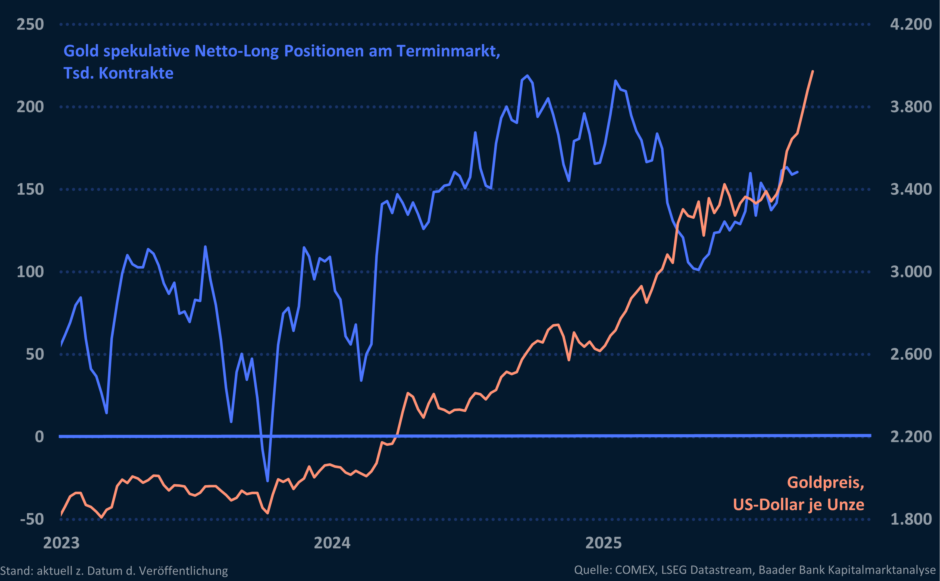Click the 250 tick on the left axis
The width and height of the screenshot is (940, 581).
pos(30,24)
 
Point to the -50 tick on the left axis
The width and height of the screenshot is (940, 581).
pos(32,519)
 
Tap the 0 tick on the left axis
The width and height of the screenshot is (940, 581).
pos(39,436)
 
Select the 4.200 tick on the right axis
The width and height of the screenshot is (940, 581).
pos(911,24)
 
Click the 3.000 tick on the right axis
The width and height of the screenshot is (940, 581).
pos(911,272)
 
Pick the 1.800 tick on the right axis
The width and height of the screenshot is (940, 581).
pos(911,519)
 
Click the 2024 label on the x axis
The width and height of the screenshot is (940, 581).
pos(332,543)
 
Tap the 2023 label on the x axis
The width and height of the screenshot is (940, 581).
pos(61,543)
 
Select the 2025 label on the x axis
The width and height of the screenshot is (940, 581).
pos(603,543)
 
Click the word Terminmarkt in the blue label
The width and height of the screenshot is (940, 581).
pos(448,51)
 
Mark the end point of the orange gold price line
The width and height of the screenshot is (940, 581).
pos(813,71)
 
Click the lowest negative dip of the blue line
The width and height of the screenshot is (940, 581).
pos(267,480)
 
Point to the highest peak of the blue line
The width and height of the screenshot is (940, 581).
pos(527,76)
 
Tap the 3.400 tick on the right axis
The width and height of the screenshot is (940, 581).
pos(911,189)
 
